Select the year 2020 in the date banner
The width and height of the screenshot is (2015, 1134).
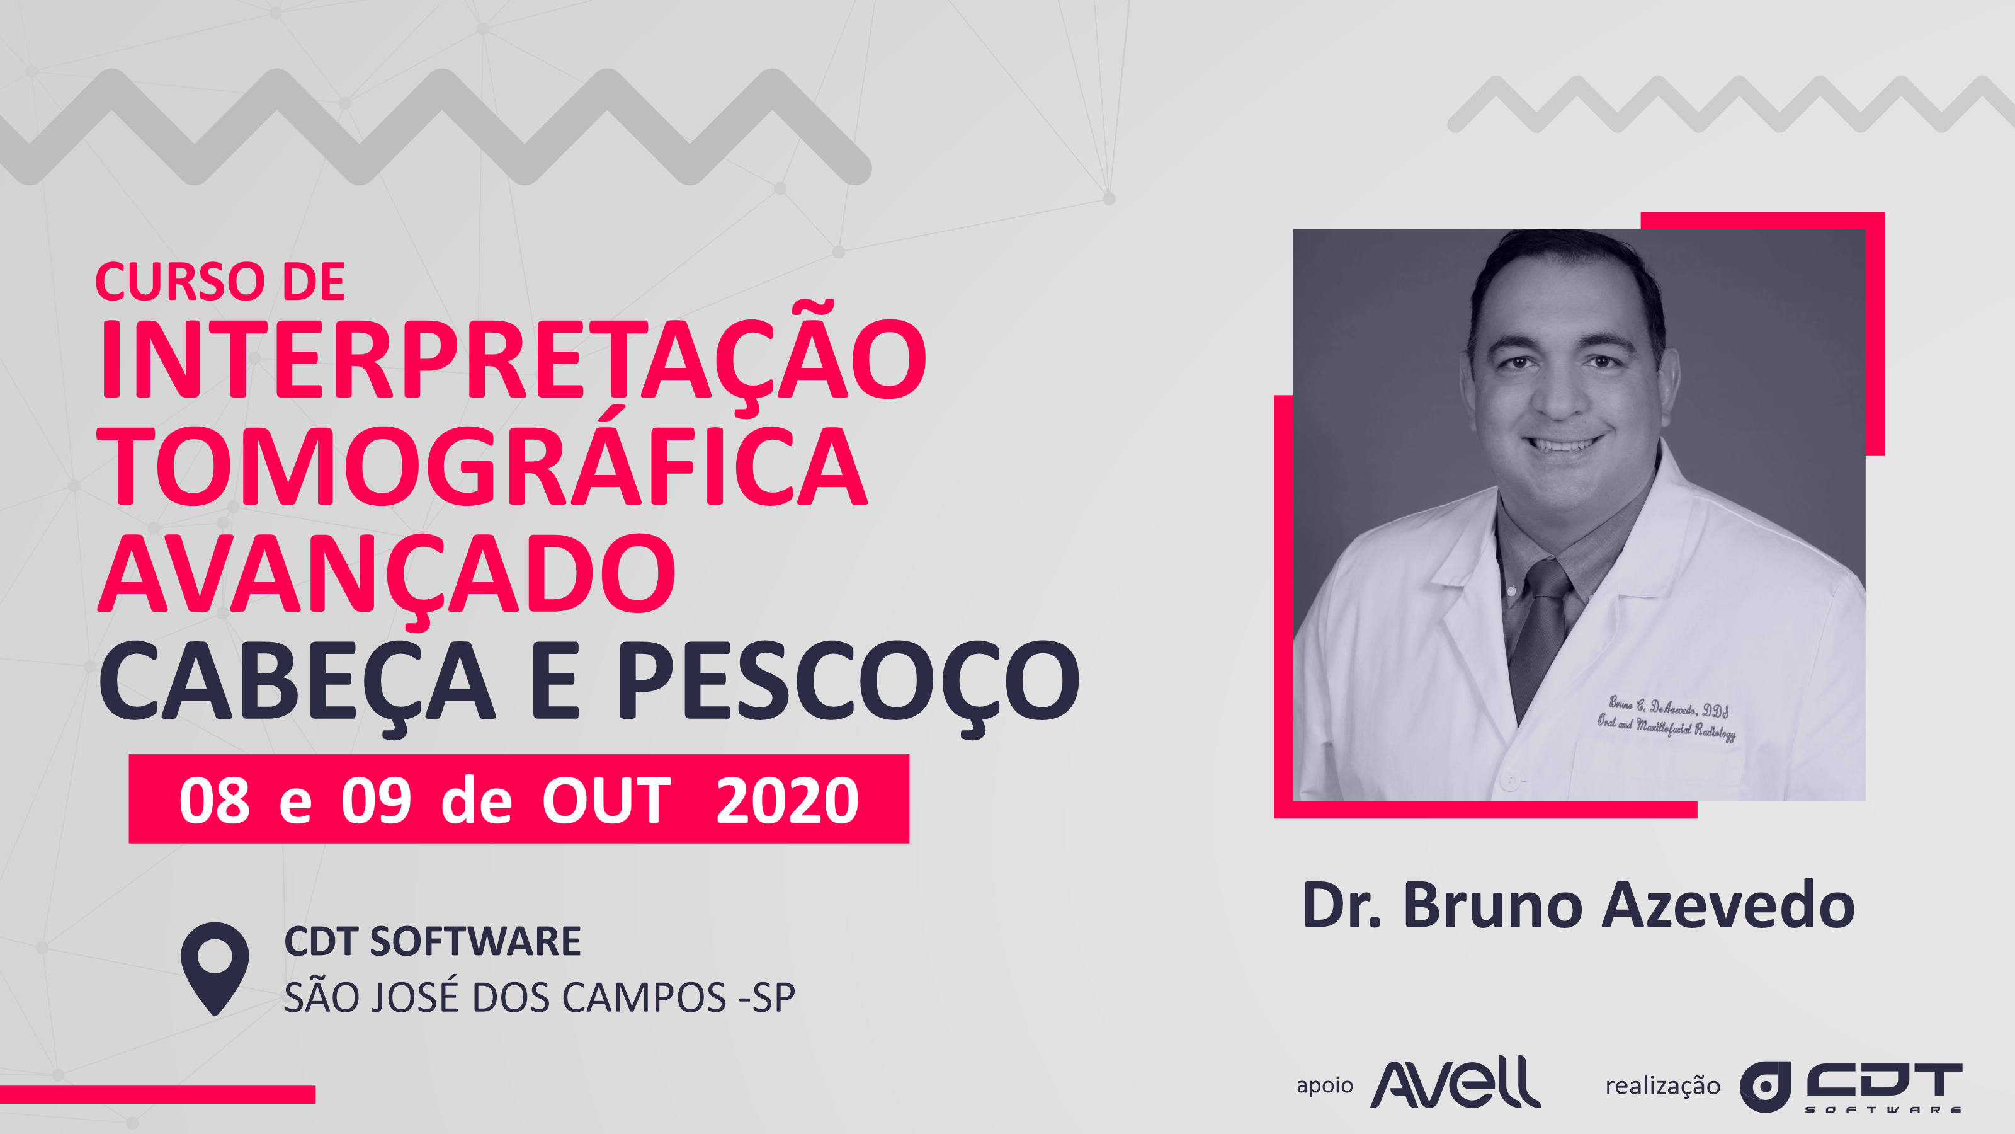788,801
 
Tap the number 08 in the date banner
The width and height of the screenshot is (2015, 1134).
214,801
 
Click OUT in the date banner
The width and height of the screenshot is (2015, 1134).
607,801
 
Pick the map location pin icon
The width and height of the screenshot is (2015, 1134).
215,969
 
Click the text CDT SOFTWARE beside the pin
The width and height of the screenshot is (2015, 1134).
433,941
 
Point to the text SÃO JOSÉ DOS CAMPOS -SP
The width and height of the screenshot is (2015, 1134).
540,995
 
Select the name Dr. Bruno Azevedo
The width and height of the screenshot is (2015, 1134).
1579,905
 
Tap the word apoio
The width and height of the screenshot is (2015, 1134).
1324,1086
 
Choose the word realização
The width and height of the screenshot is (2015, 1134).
1663,1086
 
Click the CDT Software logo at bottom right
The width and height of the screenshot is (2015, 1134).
1851,1087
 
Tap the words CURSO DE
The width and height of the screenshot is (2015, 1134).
220,282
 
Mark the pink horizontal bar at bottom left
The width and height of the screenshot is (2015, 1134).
157,1094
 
